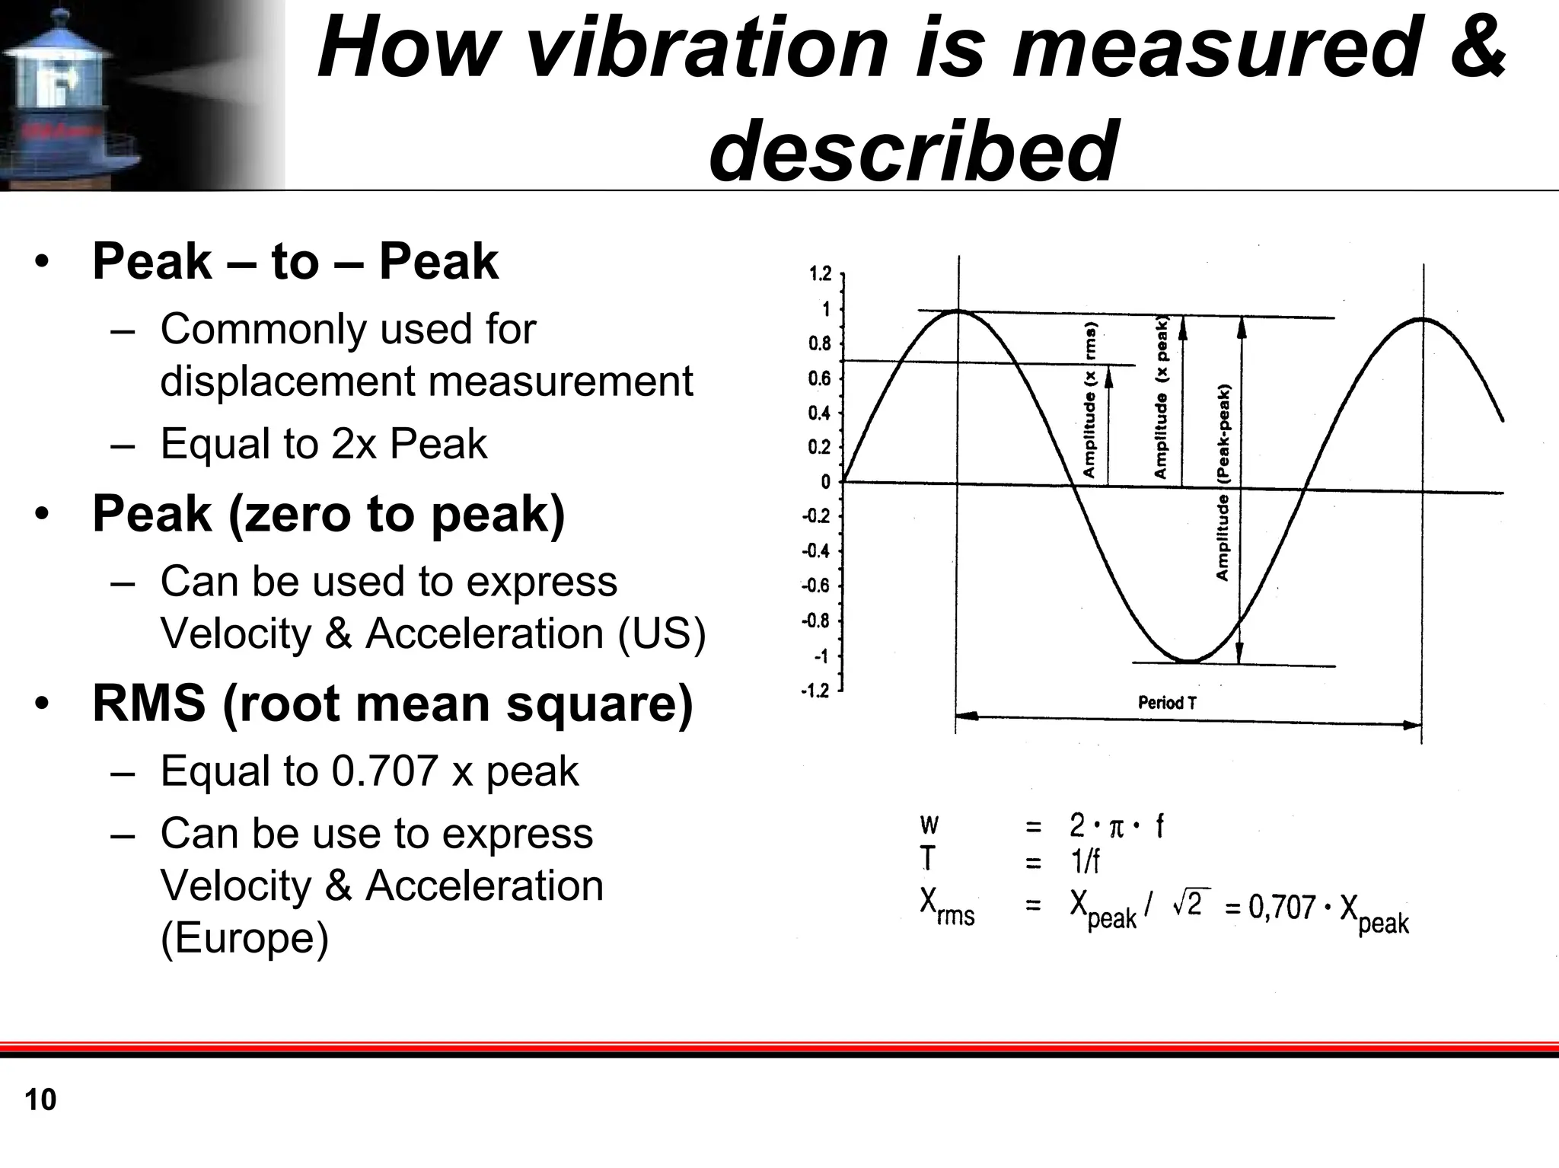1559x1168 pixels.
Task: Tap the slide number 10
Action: click(40, 1100)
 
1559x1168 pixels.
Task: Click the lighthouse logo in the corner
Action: click(57, 95)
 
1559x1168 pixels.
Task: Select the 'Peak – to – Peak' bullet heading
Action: click(295, 261)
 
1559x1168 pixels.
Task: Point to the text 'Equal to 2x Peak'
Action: click(323, 443)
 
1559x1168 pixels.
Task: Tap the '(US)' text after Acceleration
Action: click(662, 633)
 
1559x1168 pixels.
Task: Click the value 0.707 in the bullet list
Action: click(384, 771)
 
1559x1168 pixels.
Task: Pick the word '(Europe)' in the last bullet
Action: click(244, 937)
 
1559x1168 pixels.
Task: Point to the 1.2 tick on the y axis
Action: click(820, 274)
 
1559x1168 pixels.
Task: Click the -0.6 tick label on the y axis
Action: click(816, 586)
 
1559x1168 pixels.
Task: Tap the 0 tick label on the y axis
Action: click(825, 482)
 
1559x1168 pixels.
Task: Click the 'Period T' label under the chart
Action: click(1166, 703)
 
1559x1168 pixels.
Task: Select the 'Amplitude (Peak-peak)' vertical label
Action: click(1223, 483)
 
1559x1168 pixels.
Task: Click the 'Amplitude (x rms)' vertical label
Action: click(1089, 401)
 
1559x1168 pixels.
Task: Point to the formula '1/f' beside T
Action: click(1085, 862)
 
